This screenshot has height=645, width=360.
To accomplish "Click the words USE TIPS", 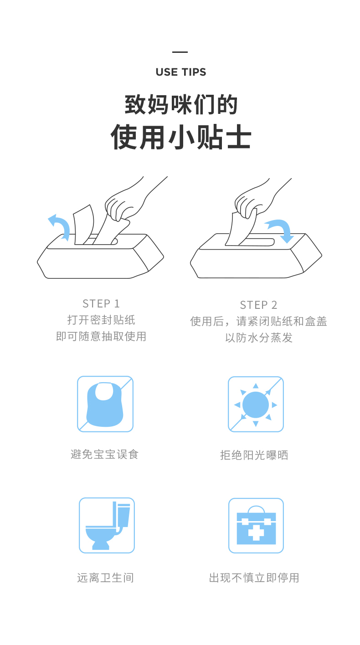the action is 181,72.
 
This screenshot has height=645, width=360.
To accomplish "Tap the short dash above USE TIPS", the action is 180,52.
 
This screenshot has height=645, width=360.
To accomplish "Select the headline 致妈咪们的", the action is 181,104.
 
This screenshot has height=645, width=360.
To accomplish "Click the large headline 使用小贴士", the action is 181,138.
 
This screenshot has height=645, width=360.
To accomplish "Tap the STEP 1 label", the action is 101,303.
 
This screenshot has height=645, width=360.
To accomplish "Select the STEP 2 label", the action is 259,305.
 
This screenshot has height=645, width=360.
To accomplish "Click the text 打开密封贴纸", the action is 101,320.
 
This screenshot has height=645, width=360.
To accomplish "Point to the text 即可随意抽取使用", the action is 101,336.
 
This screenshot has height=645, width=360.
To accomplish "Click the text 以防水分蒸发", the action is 259,338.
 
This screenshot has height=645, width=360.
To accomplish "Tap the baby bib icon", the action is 105,404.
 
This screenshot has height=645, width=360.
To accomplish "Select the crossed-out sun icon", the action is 256,404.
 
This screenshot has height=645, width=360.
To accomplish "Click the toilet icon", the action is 107,526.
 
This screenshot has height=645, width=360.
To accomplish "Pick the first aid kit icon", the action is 256,526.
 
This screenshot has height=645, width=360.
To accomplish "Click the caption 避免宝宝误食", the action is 104,455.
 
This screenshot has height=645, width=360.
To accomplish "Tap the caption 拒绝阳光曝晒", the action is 254,455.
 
